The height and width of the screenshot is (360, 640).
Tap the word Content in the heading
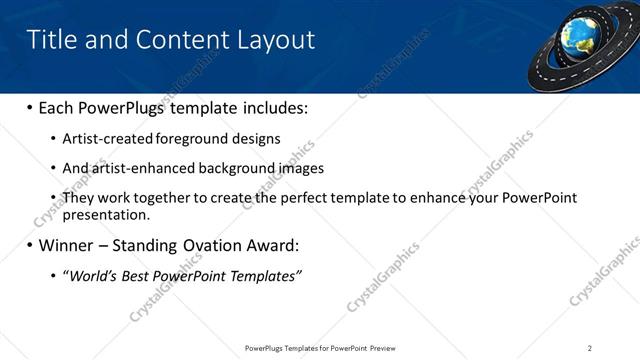[173, 40]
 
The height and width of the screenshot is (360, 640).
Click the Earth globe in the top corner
[578, 34]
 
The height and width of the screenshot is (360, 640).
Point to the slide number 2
[589, 347]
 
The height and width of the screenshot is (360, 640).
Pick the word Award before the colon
[270, 245]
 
